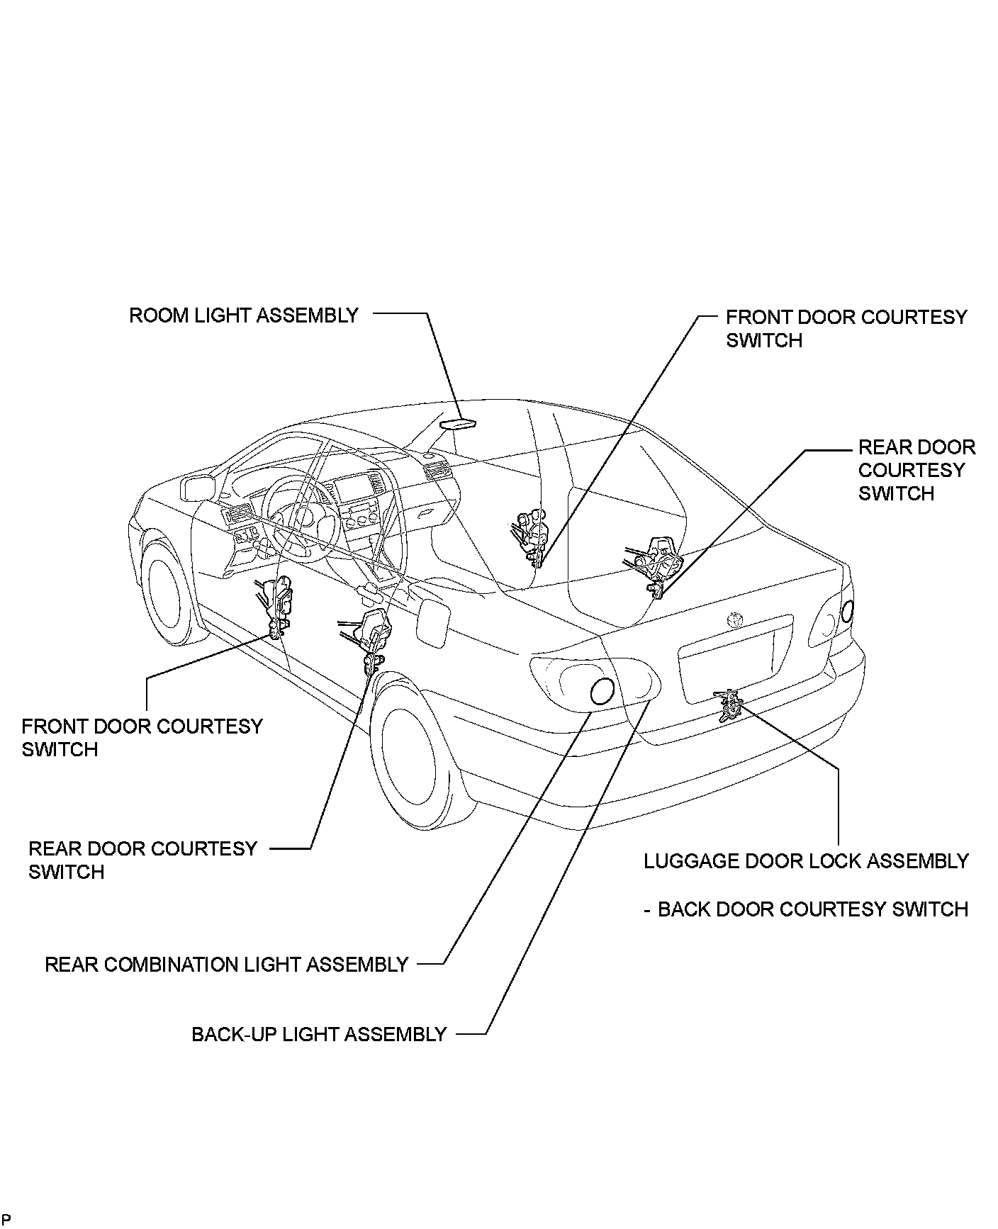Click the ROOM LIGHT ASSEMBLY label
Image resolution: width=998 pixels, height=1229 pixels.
243,315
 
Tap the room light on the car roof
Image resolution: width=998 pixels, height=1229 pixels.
457,423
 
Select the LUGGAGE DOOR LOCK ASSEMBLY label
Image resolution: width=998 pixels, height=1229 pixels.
806,861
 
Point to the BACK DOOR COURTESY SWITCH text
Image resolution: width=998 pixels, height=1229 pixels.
812,909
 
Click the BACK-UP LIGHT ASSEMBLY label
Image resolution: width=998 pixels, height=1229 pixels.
319,1034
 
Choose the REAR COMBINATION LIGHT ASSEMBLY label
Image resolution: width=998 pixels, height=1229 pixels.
226,965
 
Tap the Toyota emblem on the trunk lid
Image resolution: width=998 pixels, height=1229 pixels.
735,619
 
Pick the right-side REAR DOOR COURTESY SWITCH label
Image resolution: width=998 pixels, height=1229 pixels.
916,470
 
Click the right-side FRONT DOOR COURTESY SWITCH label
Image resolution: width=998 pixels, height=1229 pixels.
846,328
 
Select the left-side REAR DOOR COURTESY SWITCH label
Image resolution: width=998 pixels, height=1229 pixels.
142,860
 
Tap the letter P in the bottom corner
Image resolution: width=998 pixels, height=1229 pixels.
6,1219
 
